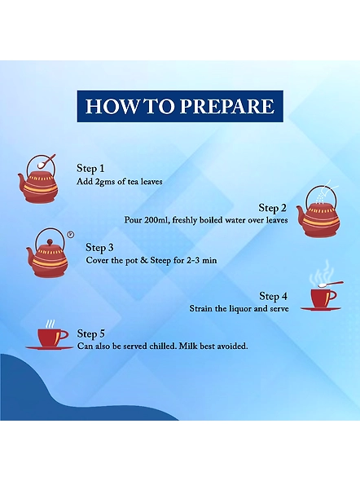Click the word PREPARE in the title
point(226,106)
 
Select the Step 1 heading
point(90,168)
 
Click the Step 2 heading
point(272,208)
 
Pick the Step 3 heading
point(99,247)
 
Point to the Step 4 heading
point(274,296)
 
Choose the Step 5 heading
point(90,333)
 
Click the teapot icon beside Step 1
point(37,179)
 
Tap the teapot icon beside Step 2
point(318,210)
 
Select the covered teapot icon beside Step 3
point(47,254)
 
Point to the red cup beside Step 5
point(49,337)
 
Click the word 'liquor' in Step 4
point(240,308)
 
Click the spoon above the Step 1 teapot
point(46,161)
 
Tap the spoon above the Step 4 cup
point(331,284)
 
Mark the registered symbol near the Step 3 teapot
point(71,235)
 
